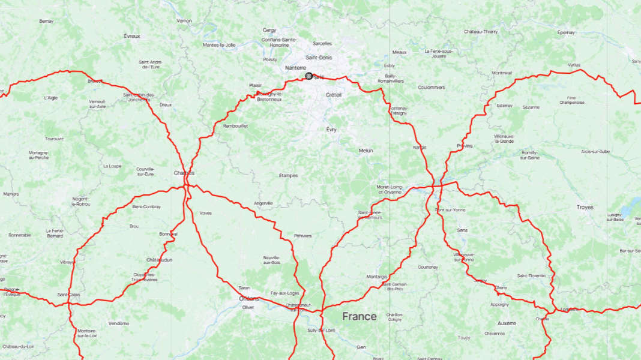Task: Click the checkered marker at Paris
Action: tap(308, 76)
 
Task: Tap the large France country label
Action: tap(360, 316)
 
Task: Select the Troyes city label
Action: tap(585, 207)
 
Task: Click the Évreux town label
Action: tap(132, 36)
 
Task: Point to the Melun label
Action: tap(366, 151)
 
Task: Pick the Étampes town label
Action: tap(288, 175)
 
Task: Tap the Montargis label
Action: tap(376, 277)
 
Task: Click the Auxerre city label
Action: tap(507, 323)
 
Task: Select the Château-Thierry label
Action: tap(481, 31)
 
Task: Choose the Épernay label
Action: tap(566, 32)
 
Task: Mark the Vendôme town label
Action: tap(119, 323)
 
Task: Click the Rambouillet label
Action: tap(235, 125)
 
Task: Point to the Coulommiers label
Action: tap(432, 87)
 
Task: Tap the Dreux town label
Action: tap(165, 104)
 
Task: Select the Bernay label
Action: tap(46, 21)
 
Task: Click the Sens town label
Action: tap(462, 230)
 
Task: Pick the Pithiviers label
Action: tap(302, 236)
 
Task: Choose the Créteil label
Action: tap(334, 95)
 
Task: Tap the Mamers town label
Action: tap(11, 194)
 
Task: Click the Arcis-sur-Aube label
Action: tap(595, 151)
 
